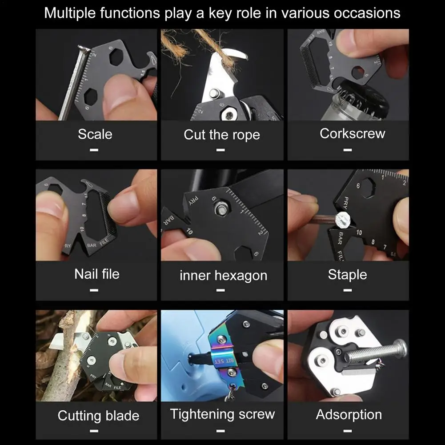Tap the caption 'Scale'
point(95,134)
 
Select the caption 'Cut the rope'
point(222,135)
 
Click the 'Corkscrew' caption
point(353,133)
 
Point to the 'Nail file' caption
point(97,274)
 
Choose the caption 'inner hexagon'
point(223,276)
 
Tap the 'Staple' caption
point(347,275)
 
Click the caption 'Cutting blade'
point(99,416)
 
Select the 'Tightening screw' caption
point(222,414)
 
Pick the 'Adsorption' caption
point(349,415)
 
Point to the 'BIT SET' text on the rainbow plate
point(224,361)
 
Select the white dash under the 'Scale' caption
point(94,150)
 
